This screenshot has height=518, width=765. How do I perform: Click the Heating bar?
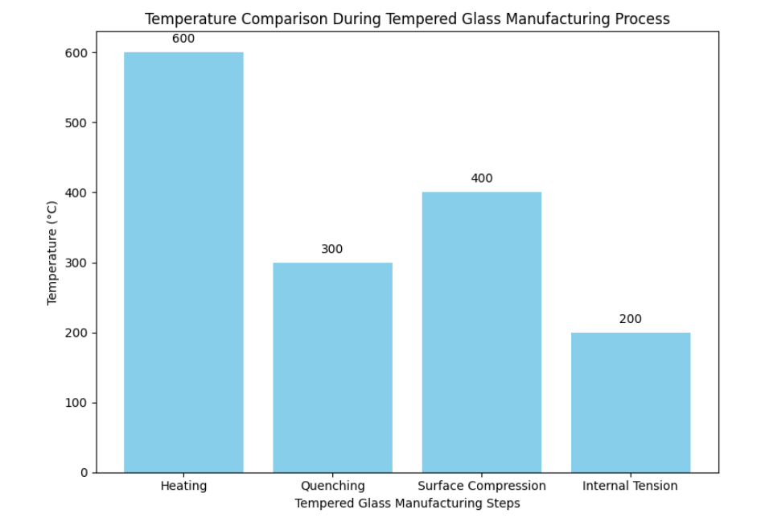(183, 262)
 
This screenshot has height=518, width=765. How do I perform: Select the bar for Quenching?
(332, 367)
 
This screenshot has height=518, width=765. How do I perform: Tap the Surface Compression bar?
(481, 332)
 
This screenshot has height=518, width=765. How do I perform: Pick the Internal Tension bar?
(631, 402)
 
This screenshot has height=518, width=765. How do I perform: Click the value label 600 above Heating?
(183, 39)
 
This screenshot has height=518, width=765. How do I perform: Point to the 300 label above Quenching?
(332, 249)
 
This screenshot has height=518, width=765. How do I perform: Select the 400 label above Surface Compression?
(481, 179)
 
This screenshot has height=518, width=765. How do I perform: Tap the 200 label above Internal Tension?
(631, 319)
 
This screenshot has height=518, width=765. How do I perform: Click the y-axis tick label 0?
(83, 473)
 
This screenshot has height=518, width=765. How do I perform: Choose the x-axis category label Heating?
(183, 486)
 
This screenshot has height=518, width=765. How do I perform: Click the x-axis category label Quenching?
(332, 486)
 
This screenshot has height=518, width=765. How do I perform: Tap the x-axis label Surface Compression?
(481, 486)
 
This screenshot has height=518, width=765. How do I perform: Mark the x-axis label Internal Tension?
(631, 486)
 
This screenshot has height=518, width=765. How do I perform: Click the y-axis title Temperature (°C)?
(53, 252)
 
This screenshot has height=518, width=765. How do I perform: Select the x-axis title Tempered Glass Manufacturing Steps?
(407, 503)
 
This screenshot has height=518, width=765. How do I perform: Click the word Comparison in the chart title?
(262, 19)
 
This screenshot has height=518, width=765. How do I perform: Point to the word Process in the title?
(644, 19)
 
